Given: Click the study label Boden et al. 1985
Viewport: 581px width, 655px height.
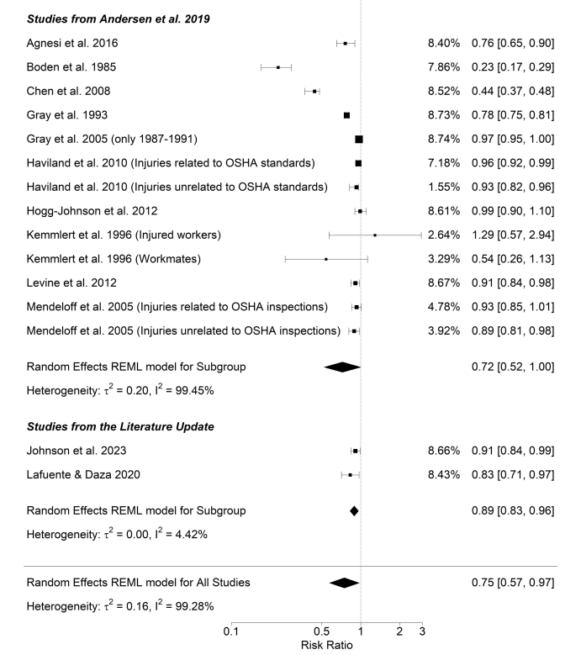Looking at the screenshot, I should point(71,66).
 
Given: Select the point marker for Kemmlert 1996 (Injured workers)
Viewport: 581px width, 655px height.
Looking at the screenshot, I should point(375,235).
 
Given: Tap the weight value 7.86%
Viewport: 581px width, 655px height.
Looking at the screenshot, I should point(443,66).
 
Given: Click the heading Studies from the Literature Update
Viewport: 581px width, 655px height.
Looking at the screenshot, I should point(120,426).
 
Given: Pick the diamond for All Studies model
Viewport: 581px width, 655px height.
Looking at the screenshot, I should point(345,582).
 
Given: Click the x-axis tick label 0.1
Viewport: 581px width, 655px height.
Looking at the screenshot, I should point(230,631).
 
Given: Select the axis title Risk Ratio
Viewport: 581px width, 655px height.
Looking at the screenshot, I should point(327,645).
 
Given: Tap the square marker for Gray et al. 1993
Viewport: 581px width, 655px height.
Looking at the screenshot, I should point(346,114).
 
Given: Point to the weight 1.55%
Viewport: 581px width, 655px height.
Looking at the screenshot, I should point(443,187).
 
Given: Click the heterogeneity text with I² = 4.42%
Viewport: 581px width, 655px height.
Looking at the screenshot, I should point(117,534).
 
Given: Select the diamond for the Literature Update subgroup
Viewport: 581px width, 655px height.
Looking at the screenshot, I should point(354,510).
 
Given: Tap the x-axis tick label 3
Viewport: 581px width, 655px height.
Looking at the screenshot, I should point(422,631).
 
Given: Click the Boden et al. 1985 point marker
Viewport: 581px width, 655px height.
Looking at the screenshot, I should point(277,66).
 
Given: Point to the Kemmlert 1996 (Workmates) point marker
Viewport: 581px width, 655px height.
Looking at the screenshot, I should point(325,259).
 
